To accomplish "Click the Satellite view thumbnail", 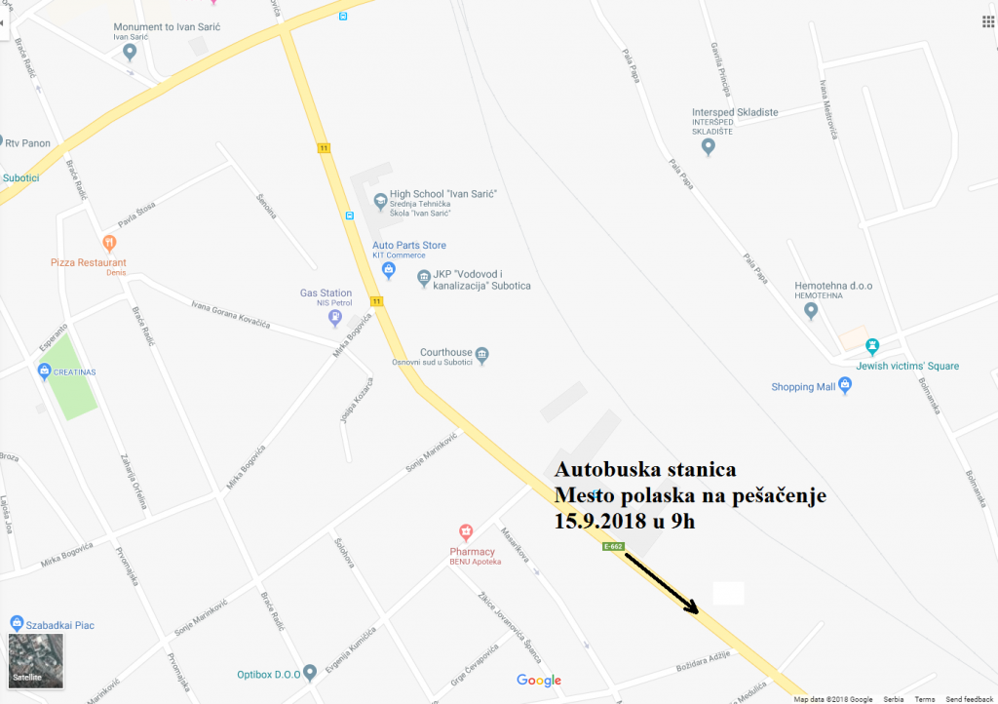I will coord(36,660).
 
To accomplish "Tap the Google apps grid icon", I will coord(979,21).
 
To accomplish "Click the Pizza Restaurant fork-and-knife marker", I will coord(109,242).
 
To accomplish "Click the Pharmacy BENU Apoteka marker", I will coord(466,531).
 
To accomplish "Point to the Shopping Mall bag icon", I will coord(845,386).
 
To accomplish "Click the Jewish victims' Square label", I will coord(907,367).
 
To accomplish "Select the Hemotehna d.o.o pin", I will coord(810,311).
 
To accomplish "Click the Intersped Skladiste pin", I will coord(709,147).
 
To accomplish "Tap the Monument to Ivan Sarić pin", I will coord(130,52).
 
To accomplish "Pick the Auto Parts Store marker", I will coord(388,268).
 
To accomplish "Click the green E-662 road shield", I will coord(613,547).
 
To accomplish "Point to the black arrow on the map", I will coord(662,583).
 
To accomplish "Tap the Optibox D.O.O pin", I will coord(310,672).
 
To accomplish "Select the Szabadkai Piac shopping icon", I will coord(17,623).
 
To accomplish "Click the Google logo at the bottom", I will coord(539,681).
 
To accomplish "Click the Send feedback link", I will coord(970,699).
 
